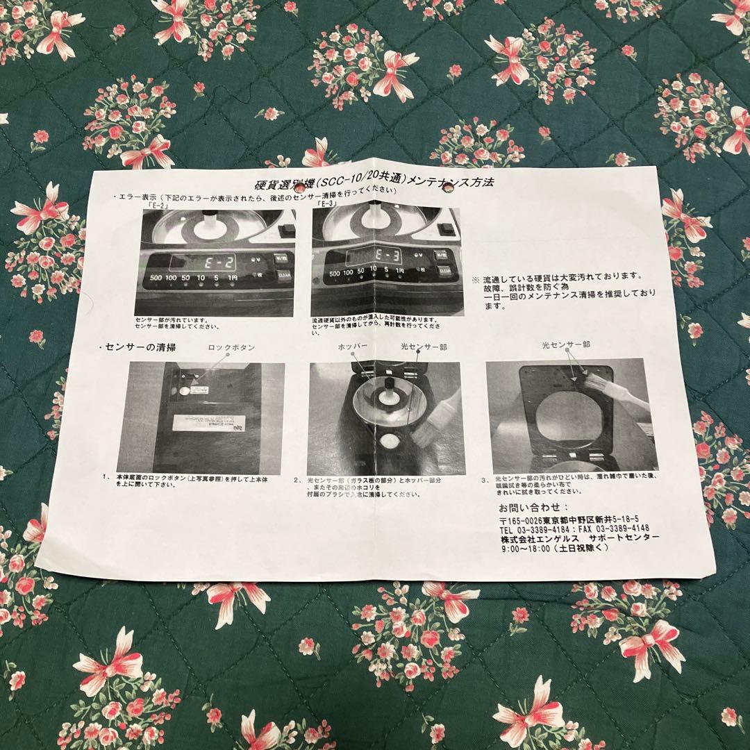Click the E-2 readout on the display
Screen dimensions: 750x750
point(212,262)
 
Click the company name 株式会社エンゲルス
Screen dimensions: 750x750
point(539,539)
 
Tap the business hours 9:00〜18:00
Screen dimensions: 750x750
point(525,549)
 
